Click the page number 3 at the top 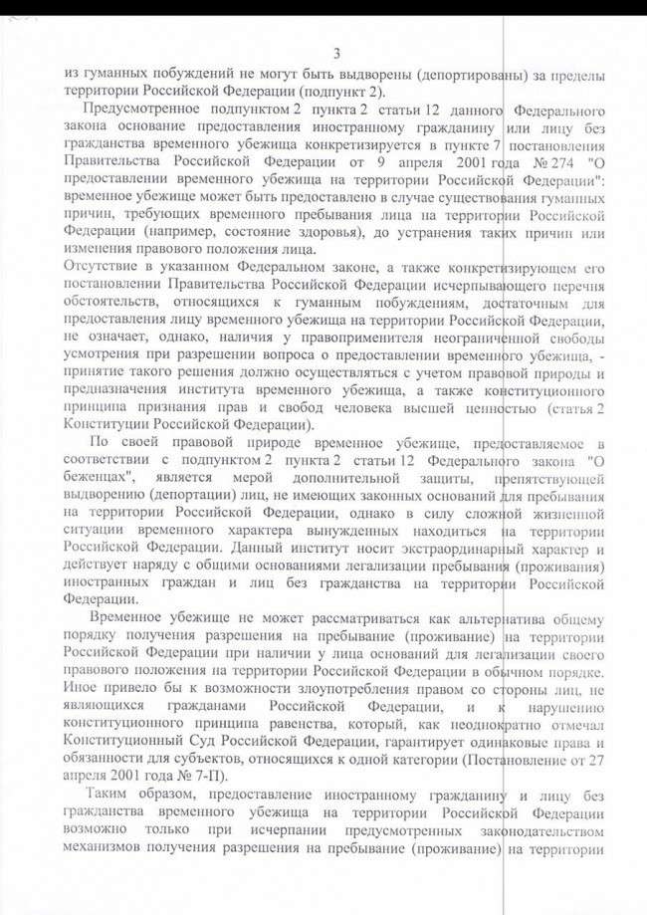pyautogui.click(x=337, y=53)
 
